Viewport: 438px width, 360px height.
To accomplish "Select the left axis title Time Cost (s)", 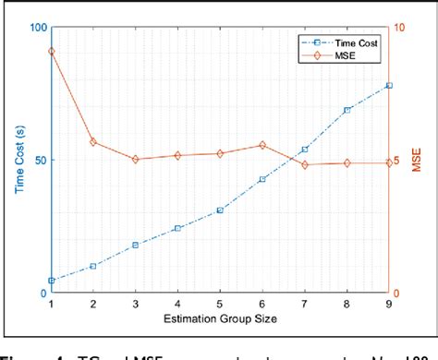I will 18,160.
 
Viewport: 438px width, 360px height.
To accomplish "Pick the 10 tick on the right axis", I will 400,27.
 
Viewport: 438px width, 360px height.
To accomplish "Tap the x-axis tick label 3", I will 136,305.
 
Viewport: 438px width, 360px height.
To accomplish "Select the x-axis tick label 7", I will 305,305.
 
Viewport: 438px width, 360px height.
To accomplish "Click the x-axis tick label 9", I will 389,305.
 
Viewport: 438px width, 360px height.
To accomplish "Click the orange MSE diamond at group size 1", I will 51,52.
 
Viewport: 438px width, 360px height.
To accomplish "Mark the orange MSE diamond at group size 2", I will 93,141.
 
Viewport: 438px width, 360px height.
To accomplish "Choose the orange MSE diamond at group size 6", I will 262,145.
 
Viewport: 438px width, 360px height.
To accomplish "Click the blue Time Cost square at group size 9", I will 389,85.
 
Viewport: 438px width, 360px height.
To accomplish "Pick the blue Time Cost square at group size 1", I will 51,280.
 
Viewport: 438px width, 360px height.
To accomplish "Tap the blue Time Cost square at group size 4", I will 177,228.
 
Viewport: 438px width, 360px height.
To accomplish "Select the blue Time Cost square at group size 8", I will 347,110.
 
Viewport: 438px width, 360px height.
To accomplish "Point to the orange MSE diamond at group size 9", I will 389,162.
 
